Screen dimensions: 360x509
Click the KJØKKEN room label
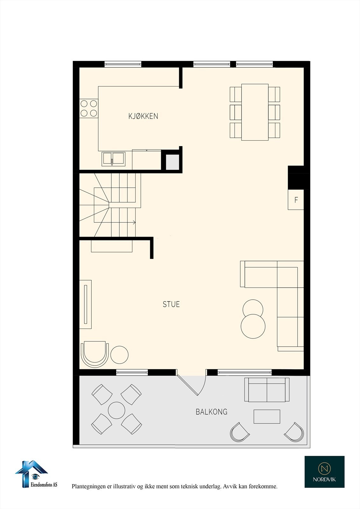tap(143, 116)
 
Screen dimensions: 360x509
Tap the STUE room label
tap(171, 304)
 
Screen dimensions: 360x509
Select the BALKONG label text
tap(211, 412)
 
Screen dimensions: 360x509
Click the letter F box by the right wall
tap(296, 199)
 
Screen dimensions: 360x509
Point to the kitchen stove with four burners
tap(89, 108)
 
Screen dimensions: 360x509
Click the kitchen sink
tap(113, 158)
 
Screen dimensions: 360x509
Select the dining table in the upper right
tap(255, 112)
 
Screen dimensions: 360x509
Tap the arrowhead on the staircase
tap(134, 222)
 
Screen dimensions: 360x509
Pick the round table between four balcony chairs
tap(116, 410)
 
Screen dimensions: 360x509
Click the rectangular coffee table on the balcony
tap(267, 416)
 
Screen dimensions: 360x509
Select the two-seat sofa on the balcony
tap(267, 390)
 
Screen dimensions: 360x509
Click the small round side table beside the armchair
tap(119, 355)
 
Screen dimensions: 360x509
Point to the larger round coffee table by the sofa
tap(253, 326)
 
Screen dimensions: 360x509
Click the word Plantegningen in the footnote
tap(86, 486)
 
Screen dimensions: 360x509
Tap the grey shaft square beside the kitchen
tap(173, 162)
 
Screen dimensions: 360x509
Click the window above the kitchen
tap(123, 64)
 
